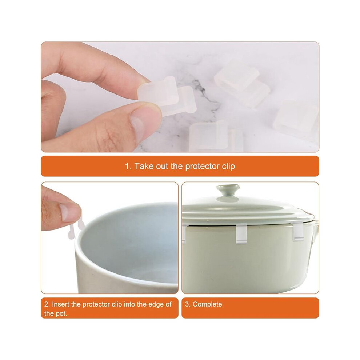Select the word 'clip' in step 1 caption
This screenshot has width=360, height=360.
(x=228, y=166)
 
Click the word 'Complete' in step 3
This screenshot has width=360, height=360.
(x=207, y=304)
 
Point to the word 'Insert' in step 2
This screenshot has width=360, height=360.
(x=61, y=304)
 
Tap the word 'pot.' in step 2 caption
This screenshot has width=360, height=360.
(x=61, y=313)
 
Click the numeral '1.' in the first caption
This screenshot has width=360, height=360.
(x=128, y=166)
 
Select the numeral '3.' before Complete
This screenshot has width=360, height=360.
(x=188, y=304)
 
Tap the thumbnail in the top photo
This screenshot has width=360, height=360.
(x=138, y=124)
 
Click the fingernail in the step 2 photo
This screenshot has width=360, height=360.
(x=69, y=212)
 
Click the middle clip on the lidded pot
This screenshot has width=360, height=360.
(x=241, y=233)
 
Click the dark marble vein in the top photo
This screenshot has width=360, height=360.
(x=202, y=96)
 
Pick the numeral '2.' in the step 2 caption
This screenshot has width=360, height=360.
(x=47, y=304)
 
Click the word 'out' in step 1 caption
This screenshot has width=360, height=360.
(x=162, y=166)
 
